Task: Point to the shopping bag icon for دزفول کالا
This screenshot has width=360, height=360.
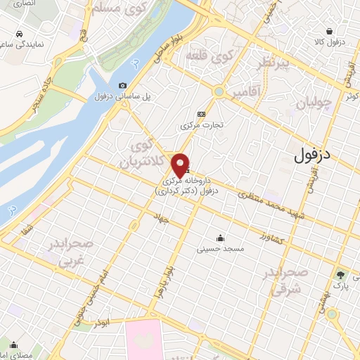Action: pos(329,30)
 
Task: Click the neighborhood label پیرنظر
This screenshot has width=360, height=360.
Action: pos(272,63)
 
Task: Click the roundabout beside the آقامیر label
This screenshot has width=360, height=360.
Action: pos(219,91)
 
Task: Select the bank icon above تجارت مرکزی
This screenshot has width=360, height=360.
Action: pos(202,114)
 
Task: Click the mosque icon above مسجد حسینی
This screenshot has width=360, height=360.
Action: pos(221,237)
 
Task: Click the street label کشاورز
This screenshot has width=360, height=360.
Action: pos(271,238)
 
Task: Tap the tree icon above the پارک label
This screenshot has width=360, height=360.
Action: pos(342,274)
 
